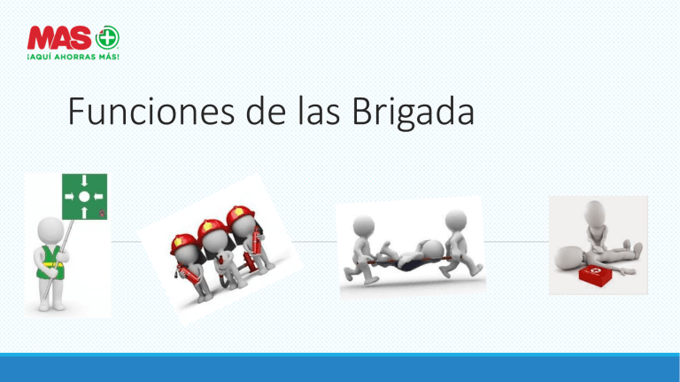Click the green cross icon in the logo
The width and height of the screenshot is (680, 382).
111,40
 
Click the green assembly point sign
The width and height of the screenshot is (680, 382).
83,196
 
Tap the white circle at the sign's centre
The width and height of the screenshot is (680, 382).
83,196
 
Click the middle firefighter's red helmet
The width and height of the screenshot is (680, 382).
210,227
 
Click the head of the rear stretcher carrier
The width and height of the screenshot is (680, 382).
455,219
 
